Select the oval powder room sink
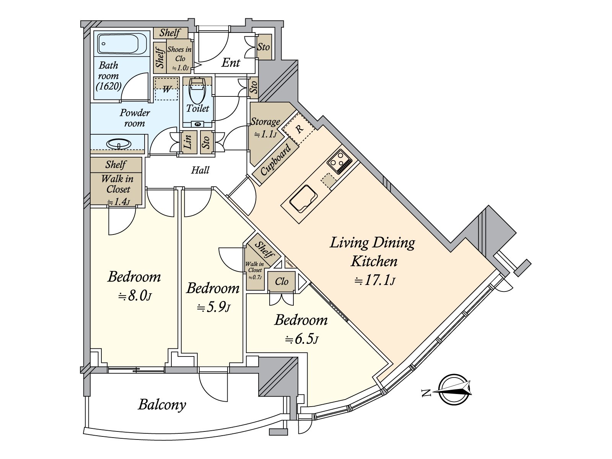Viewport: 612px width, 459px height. click(x=119, y=144)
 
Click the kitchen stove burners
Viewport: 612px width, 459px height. click(x=340, y=161)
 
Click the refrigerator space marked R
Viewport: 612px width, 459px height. click(x=299, y=129)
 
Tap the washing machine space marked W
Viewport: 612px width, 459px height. click(x=167, y=90)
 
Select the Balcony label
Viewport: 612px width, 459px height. click(x=162, y=405)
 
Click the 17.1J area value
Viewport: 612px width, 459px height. click(x=374, y=281)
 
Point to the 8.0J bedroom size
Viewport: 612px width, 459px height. click(x=134, y=295)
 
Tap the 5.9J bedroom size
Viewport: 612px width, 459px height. click(x=213, y=307)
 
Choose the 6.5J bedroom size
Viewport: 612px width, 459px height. click(x=301, y=339)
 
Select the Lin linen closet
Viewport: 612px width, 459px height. click(x=188, y=142)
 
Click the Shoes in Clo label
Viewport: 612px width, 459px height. click(x=179, y=58)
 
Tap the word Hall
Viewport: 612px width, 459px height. click(x=200, y=170)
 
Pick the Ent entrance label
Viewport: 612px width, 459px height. click(x=231, y=63)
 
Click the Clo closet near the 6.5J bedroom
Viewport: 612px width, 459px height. click(x=282, y=282)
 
